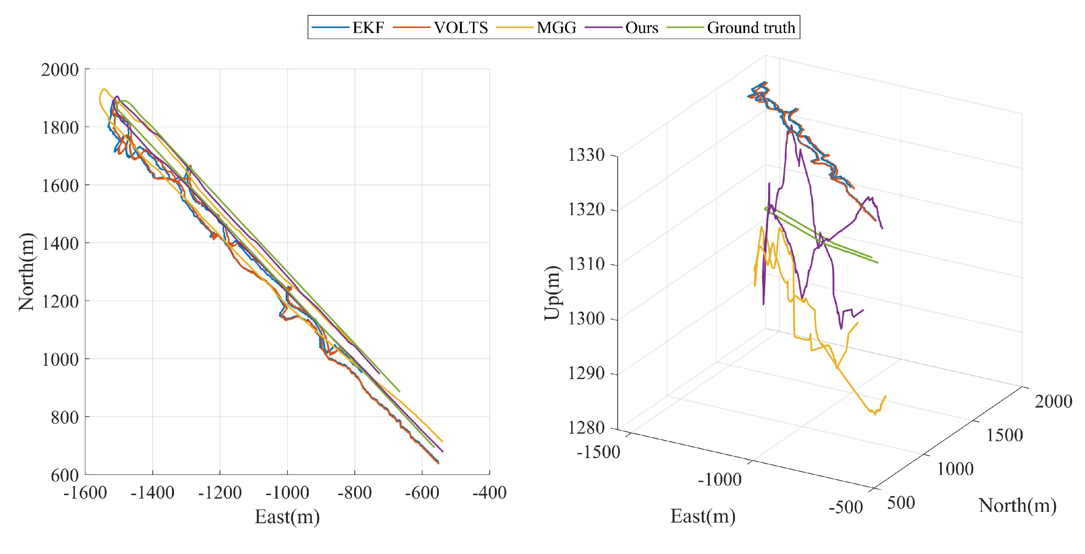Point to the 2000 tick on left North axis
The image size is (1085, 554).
pyautogui.click(x=60, y=70)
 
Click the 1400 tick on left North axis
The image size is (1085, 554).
pyautogui.click(x=60, y=243)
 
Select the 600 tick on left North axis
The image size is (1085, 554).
pyautogui.click(x=65, y=475)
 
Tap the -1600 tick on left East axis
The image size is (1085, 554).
pyautogui.click(x=85, y=493)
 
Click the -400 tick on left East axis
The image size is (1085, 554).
pyautogui.click(x=490, y=493)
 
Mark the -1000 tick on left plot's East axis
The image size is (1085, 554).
pyautogui.click(x=287, y=493)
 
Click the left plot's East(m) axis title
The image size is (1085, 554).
pyautogui.click(x=287, y=517)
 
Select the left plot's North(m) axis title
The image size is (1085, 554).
pyautogui.click(x=27, y=272)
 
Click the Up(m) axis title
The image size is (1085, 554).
pyautogui.click(x=552, y=293)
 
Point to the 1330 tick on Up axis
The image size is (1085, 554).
pyautogui.click(x=586, y=155)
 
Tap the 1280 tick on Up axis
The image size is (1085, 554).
pyautogui.click(x=586, y=428)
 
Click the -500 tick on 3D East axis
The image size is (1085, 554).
pyautogui.click(x=845, y=507)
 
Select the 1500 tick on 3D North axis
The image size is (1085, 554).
pyautogui.click(x=1005, y=435)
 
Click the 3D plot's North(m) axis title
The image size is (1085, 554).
pyautogui.click(x=1018, y=505)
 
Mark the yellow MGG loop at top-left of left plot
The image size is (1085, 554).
pyautogui.click(x=101, y=96)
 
